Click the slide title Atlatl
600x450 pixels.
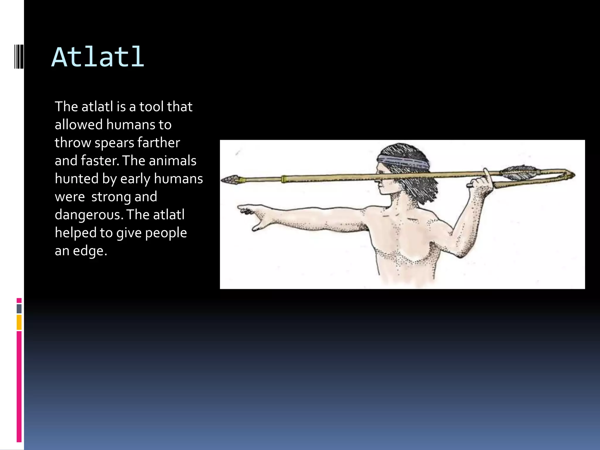(98, 57)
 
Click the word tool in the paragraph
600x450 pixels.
(151, 107)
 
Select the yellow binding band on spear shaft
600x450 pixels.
(283, 179)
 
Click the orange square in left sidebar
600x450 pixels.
(19, 322)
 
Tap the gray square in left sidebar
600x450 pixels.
(19, 308)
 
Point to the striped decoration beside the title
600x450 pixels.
(19, 56)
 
